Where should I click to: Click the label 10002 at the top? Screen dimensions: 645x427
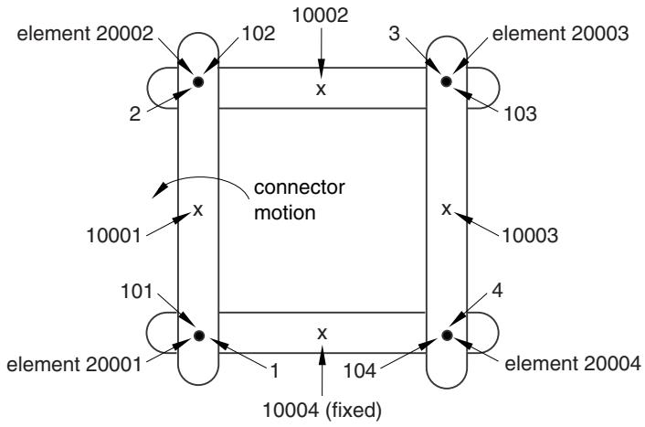(320, 15)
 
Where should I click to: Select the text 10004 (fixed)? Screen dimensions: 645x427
(322, 411)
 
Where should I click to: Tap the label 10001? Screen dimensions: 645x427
(114, 236)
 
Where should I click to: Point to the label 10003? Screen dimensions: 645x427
(530, 236)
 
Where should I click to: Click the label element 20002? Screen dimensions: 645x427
(85, 33)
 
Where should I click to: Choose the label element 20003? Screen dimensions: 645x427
(560, 33)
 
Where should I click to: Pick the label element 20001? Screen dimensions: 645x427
(74, 365)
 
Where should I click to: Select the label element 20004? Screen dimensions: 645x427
(573, 364)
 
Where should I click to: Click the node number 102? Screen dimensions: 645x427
(259, 33)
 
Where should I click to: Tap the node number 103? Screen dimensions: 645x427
(521, 113)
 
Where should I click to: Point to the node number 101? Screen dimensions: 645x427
(136, 292)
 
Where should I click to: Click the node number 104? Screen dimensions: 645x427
(360, 370)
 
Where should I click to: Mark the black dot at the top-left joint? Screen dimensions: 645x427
(198, 82)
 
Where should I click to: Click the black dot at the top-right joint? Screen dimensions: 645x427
(447, 81)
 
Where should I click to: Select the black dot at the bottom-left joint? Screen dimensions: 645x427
(199, 336)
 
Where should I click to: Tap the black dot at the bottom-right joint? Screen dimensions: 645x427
(447, 336)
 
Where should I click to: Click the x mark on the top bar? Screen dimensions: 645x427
(321, 89)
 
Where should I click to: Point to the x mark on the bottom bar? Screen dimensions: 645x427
(322, 333)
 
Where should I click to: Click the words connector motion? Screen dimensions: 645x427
(299, 200)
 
